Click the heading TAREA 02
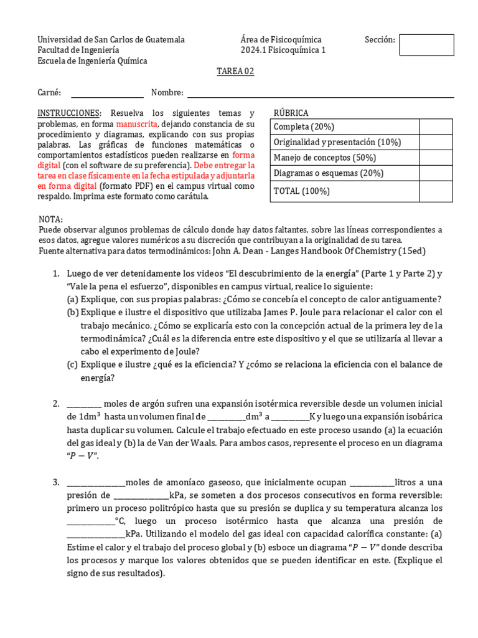(235, 72)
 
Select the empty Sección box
(426, 45)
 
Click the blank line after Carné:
(107, 93)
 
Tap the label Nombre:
(167, 93)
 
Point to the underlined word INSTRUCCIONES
(69, 113)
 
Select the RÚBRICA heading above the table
(291, 113)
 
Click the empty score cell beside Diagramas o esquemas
(436, 174)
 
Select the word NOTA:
(50, 220)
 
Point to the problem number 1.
(56, 274)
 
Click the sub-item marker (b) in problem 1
(73, 312)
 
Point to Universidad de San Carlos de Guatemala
(111, 40)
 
